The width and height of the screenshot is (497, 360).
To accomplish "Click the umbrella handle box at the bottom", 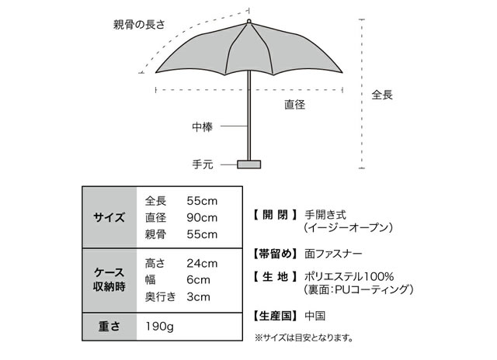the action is pos(248,164).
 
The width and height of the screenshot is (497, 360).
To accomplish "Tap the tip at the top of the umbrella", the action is pos(248,21).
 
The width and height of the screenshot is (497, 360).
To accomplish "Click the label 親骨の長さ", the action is pos(139,24).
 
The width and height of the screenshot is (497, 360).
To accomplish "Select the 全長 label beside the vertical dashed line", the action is pos(382,95).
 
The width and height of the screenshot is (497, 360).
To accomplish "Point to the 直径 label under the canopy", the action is pos(294,105).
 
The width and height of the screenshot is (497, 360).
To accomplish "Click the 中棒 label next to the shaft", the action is pos(202,127).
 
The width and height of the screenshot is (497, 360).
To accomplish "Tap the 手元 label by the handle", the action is pos(202,164).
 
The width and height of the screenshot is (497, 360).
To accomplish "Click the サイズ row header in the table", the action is pos(109,217).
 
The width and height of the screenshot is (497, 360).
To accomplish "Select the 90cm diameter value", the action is pos(202,218).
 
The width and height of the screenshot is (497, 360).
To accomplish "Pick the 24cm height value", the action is pos(202,264).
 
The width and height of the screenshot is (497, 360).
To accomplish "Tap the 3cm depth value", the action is pos(198,297).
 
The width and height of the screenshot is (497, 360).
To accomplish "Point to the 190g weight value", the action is pos(160,326).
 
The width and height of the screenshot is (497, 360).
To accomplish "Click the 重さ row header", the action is pos(109,327).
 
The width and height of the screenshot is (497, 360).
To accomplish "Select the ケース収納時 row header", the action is pos(109,279).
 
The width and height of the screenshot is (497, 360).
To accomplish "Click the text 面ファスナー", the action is pos(333,254).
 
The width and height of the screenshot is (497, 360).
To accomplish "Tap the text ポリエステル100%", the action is pos(349,277).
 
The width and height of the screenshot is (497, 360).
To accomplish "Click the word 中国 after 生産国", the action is pos(315,316).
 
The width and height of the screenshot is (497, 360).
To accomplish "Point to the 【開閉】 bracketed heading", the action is pos(275,215).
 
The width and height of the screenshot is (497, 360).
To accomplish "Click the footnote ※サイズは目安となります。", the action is pos(304,337).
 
